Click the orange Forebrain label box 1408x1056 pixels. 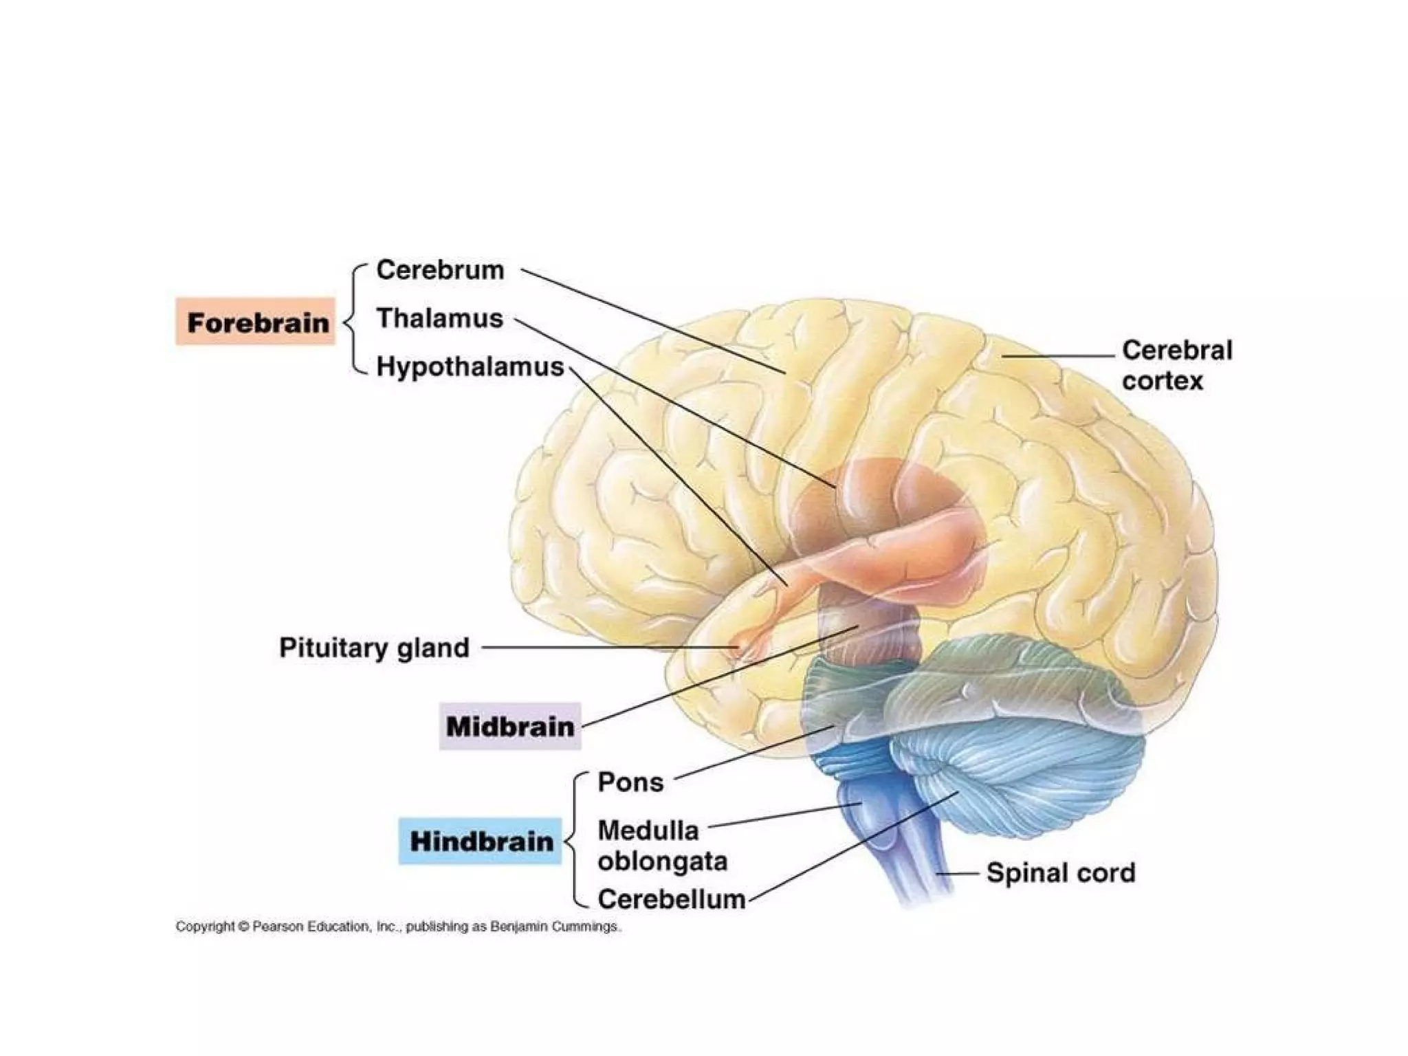(256, 322)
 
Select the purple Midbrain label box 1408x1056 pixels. (510, 726)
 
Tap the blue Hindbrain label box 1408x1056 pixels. (481, 841)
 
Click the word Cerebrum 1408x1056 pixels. (440, 269)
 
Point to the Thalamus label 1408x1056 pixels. (440, 318)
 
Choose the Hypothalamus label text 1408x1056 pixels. (470, 366)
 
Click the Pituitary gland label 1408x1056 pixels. (374, 648)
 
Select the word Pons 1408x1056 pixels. (630, 782)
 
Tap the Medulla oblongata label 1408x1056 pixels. (661, 846)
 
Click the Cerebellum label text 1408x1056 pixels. (672, 899)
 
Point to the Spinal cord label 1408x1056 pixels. (1061, 872)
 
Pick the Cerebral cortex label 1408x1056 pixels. (1176, 365)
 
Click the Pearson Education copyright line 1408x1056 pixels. (399, 927)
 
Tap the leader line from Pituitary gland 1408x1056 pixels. (605, 648)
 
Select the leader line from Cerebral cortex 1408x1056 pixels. (1059, 356)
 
